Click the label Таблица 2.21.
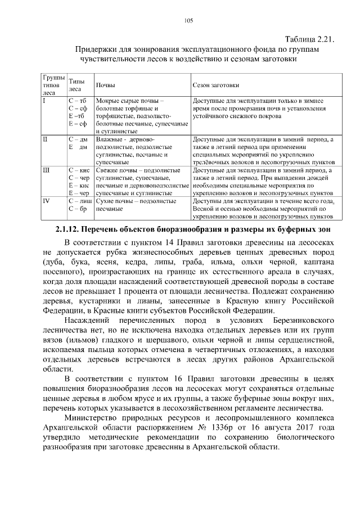[x=310, y=39]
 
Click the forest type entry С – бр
[x=77, y=209]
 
